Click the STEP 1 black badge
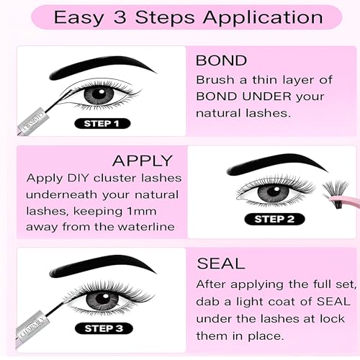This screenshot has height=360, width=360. pos(102,124)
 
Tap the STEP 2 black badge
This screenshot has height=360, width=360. pos(274,219)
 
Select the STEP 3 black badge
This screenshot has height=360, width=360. pos(104,328)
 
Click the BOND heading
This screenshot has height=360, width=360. pos(221,60)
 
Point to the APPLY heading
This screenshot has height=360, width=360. pos(143,161)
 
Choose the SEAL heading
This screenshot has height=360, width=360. pos(221,264)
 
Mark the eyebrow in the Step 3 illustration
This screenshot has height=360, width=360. pos(102,265)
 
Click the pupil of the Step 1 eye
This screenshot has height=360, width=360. pos(99,94)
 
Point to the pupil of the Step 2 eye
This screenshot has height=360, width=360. pos(274,192)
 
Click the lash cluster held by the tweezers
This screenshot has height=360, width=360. pos(336,193)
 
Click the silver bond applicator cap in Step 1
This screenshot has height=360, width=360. pos(34,122)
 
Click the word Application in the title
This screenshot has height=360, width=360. pos(263,18)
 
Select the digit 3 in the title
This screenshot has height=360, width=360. pos(120,17)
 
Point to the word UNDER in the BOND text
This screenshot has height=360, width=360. pos(266,96)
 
